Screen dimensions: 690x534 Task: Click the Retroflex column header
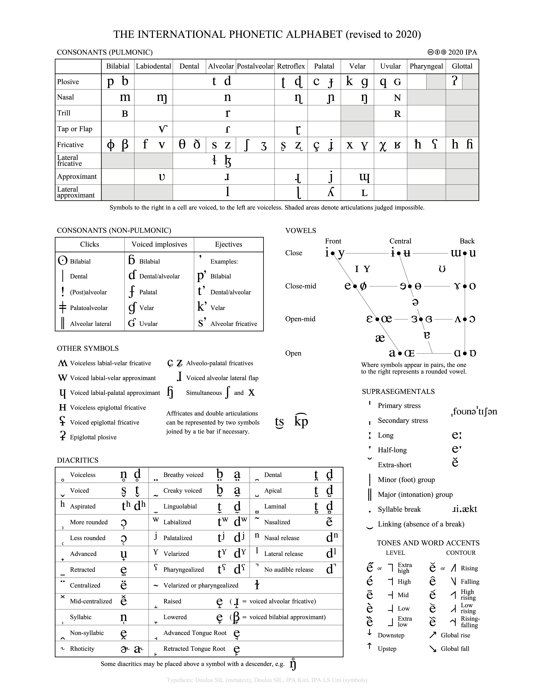[x=291, y=66]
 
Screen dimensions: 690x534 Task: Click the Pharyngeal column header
[x=426, y=66]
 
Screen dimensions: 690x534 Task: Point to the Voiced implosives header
[x=159, y=244]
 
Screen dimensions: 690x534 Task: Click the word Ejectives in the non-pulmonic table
[x=228, y=244]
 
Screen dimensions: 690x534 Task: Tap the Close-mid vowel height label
[x=301, y=286]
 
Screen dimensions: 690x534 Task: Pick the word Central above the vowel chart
[x=400, y=241]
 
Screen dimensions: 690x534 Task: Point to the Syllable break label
[x=399, y=509]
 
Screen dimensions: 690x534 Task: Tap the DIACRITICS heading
[x=77, y=460]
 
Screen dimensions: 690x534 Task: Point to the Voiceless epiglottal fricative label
[x=108, y=408]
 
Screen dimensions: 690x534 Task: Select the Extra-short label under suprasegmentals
[x=395, y=465]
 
